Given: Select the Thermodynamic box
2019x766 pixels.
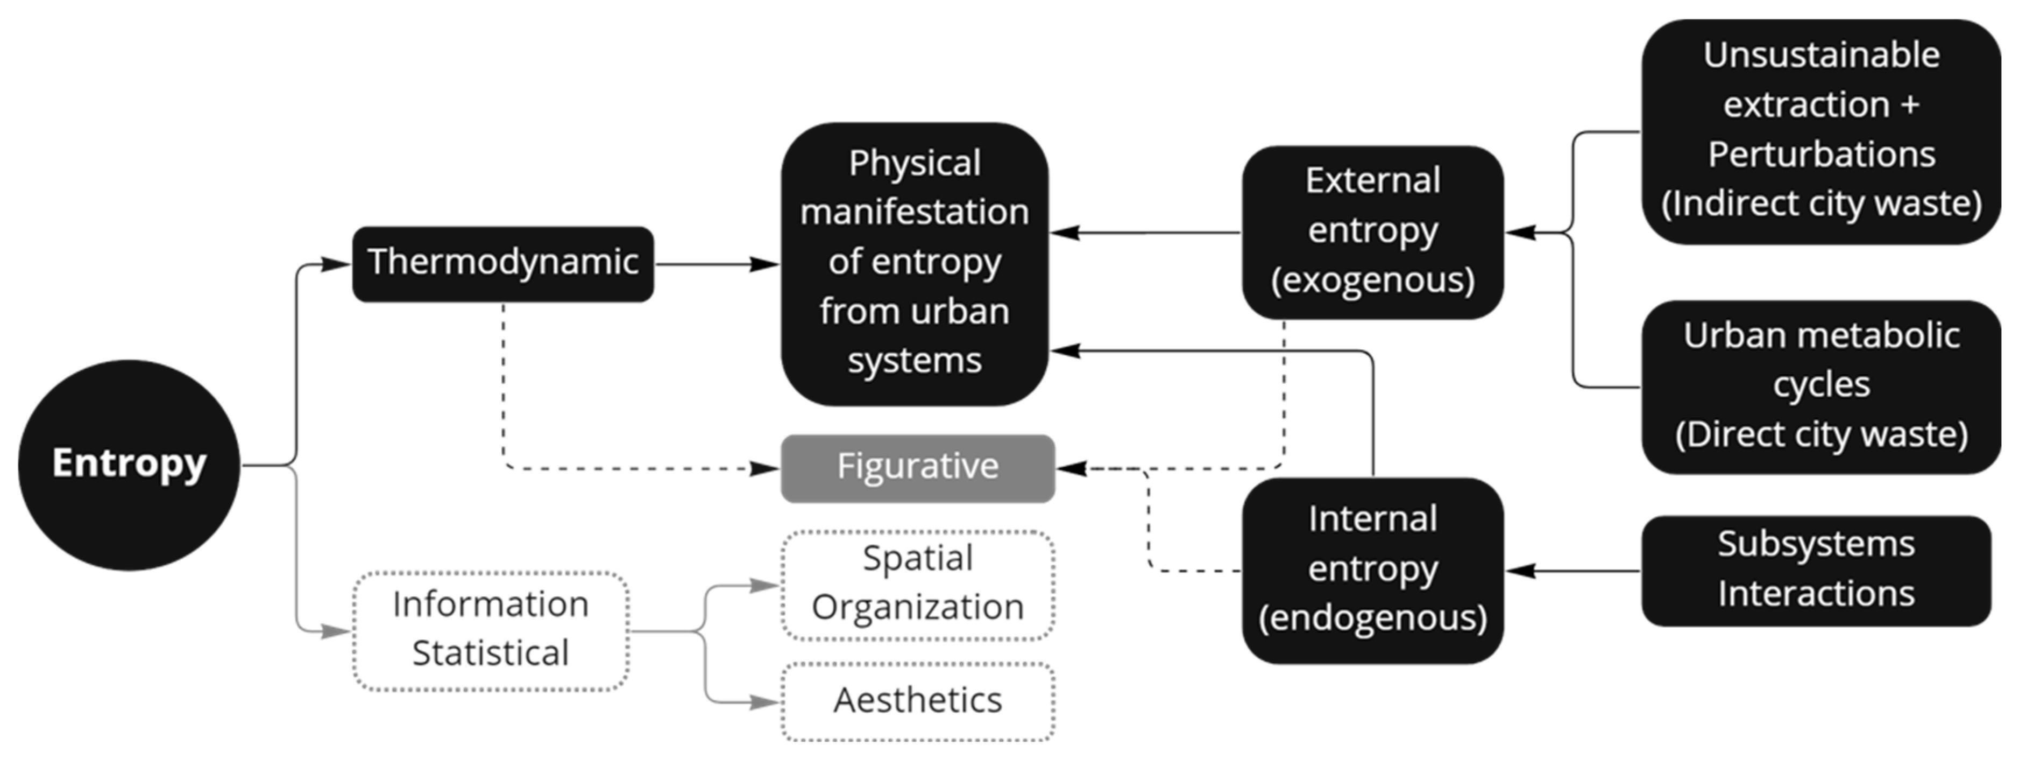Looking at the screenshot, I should (502, 263).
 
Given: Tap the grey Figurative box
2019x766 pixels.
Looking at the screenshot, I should (918, 468).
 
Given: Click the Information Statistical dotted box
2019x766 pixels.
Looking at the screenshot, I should (491, 630).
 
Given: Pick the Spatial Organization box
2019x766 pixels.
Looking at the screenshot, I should (918, 584).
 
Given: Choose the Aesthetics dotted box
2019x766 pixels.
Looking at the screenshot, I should (918, 701).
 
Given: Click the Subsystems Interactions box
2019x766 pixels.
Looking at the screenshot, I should (1815, 570).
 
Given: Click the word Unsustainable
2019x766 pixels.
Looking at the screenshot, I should (1820, 55).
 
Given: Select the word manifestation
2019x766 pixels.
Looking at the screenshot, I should (914, 212).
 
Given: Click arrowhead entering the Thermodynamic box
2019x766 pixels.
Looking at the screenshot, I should (336, 264).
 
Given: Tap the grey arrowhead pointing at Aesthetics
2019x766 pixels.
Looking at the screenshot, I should (764, 702).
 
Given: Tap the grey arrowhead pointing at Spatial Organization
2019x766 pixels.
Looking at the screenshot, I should (764, 585).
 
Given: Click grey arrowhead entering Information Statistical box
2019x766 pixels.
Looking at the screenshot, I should (336, 631).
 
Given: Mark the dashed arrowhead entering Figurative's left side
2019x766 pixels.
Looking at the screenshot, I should (764, 469).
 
